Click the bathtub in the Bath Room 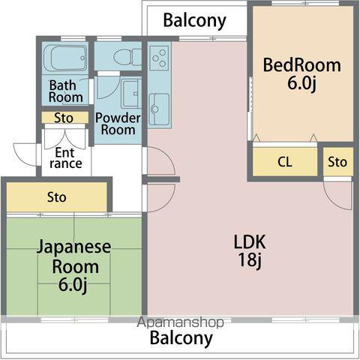65,58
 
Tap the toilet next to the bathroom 127,57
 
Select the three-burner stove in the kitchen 159,58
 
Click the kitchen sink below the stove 159,109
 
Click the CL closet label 285,162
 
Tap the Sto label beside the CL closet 337,162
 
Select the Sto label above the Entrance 64,118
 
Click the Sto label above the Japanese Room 57,197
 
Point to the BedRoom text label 302,65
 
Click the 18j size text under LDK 250,260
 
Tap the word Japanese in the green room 74,247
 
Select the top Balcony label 195,21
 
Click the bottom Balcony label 181,338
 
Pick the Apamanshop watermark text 180,322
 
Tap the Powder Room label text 118,124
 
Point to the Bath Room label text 66,91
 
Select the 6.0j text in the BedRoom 302,83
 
